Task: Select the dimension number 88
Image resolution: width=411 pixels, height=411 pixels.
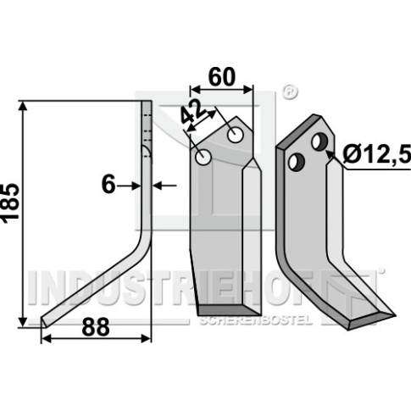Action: [96, 326]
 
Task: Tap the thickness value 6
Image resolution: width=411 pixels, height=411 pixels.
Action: [108, 185]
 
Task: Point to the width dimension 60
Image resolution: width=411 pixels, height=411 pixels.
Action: [222, 77]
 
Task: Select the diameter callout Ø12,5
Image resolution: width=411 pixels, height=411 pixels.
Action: [376, 155]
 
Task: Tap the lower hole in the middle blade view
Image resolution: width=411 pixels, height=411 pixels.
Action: [203, 157]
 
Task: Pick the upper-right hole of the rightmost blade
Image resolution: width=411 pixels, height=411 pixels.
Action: [319, 142]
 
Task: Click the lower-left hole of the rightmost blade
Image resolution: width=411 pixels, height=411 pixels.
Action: [297, 162]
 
